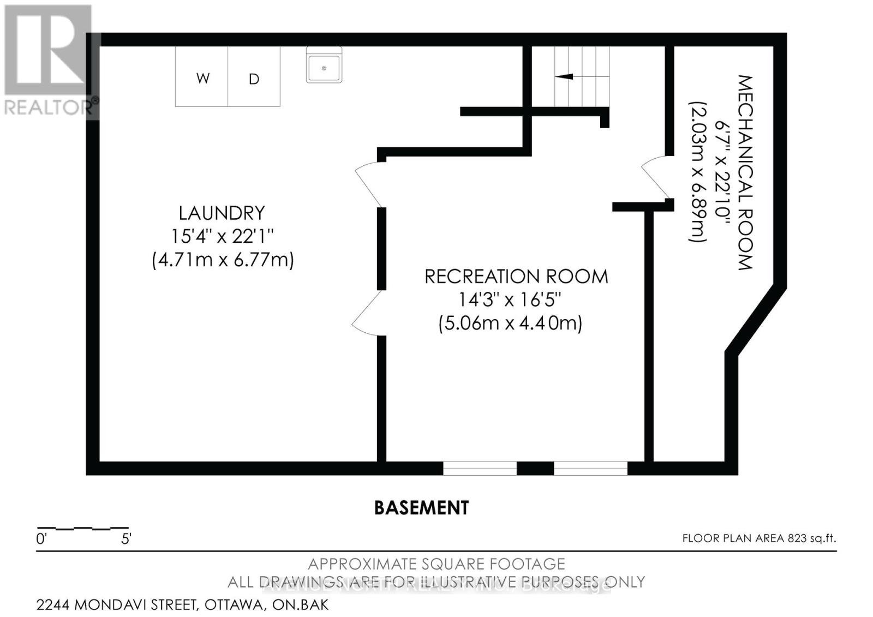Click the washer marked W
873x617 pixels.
pyautogui.click(x=202, y=77)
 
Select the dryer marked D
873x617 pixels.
pyautogui.click(x=254, y=77)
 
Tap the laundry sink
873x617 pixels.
pyautogui.click(x=324, y=65)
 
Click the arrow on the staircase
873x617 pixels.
pyautogui.click(x=565, y=76)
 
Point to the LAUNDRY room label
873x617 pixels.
pyautogui.click(x=222, y=213)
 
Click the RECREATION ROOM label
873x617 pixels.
pyautogui.click(x=516, y=277)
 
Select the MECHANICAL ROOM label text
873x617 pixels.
pyautogui.click(x=745, y=172)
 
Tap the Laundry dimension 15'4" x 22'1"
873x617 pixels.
pyautogui.click(x=222, y=236)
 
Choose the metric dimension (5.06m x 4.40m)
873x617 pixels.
pyautogui.click(x=510, y=323)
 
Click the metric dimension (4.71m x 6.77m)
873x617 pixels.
pyautogui.click(x=223, y=260)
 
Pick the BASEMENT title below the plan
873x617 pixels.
pyautogui.click(x=421, y=508)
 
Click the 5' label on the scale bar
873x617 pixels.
pyautogui.click(x=126, y=540)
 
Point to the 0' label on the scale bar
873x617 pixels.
pyautogui.click(x=41, y=540)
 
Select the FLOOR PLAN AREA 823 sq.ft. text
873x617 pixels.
pyautogui.click(x=759, y=538)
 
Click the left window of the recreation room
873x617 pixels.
pyautogui.click(x=480, y=468)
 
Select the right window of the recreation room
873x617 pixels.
pyautogui.click(x=591, y=468)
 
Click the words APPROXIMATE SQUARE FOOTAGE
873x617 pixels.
pyautogui.click(x=436, y=564)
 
